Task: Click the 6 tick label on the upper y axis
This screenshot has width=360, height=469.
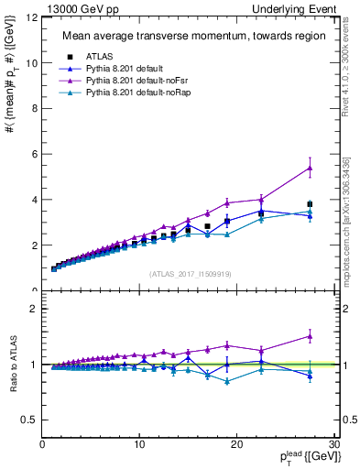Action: tap(34, 154)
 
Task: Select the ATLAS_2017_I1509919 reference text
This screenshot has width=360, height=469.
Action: tap(190, 273)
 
